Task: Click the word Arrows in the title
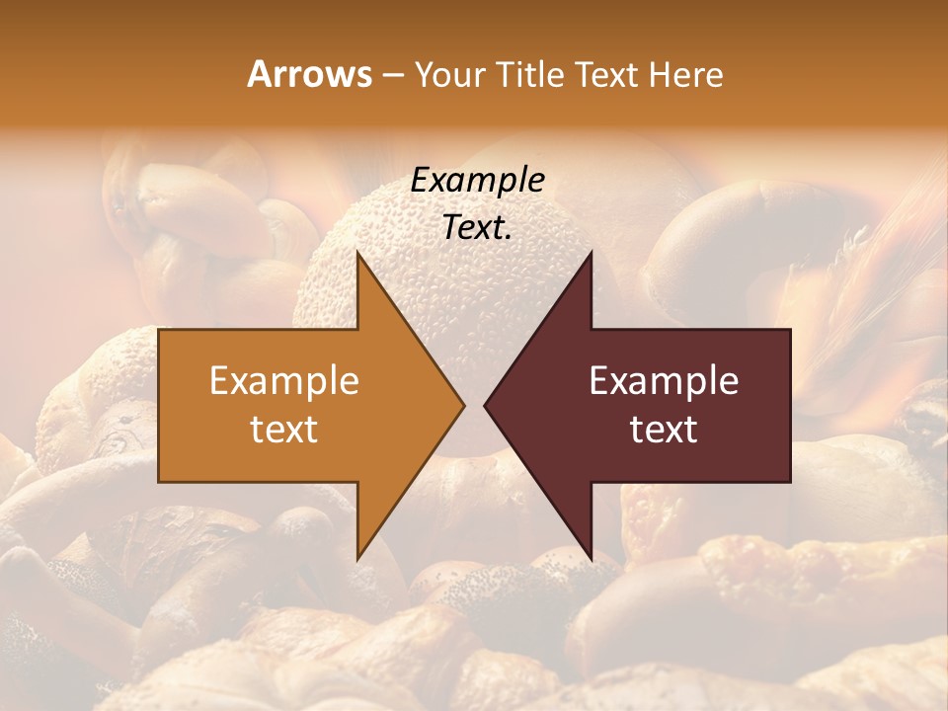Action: click(x=309, y=75)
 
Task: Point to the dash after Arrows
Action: click(x=392, y=76)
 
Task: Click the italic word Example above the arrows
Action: click(x=477, y=181)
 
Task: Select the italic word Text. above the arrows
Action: click(x=477, y=228)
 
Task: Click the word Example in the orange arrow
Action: click(x=284, y=381)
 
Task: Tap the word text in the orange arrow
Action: click(x=284, y=430)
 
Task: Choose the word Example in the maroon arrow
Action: click(x=664, y=381)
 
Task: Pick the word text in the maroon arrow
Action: click(x=664, y=430)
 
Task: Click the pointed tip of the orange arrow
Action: click(x=464, y=406)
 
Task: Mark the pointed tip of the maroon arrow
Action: click(x=485, y=406)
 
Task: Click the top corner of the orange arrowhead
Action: click(x=357, y=254)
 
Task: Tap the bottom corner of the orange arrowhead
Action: click(x=357, y=559)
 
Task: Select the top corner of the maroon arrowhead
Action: click(x=591, y=254)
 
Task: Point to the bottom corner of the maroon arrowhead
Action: click(x=591, y=559)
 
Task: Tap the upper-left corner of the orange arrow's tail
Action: click(x=160, y=331)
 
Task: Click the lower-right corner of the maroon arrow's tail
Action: click(x=789, y=481)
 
